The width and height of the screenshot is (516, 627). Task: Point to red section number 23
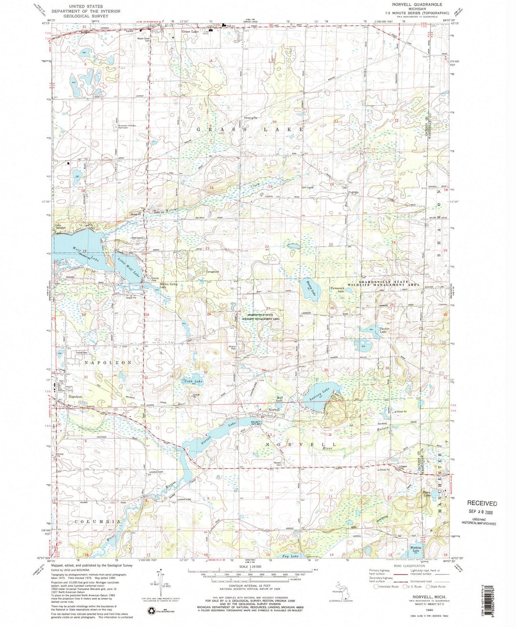click(331, 244)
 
